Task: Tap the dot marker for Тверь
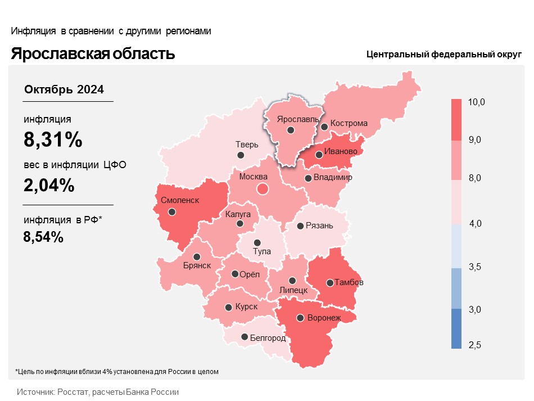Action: click(x=241, y=155)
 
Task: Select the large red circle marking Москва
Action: click(x=263, y=189)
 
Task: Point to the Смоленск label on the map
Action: click(x=180, y=200)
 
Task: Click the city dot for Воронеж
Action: click(x=301, y=318)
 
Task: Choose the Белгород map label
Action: click(x=268, y=338)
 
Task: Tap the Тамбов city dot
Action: click(x=329, y=282)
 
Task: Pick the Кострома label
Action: click(x=349, y=123)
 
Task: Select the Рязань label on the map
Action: click(x=319, y=226)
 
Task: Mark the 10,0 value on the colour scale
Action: click(x=476, y=102)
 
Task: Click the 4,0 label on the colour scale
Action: click(x=476, y=224)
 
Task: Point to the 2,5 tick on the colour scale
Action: click(x=476, y=345)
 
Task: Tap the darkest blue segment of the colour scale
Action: click(x=456, y=328)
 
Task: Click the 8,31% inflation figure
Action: click(x=53, y=139)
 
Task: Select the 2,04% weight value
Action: click(x=49, y=185)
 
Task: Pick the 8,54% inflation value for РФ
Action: click(x=43, y=237)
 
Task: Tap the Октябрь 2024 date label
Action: click(x=64, y=89)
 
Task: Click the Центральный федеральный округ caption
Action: click(x=444, y=55)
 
